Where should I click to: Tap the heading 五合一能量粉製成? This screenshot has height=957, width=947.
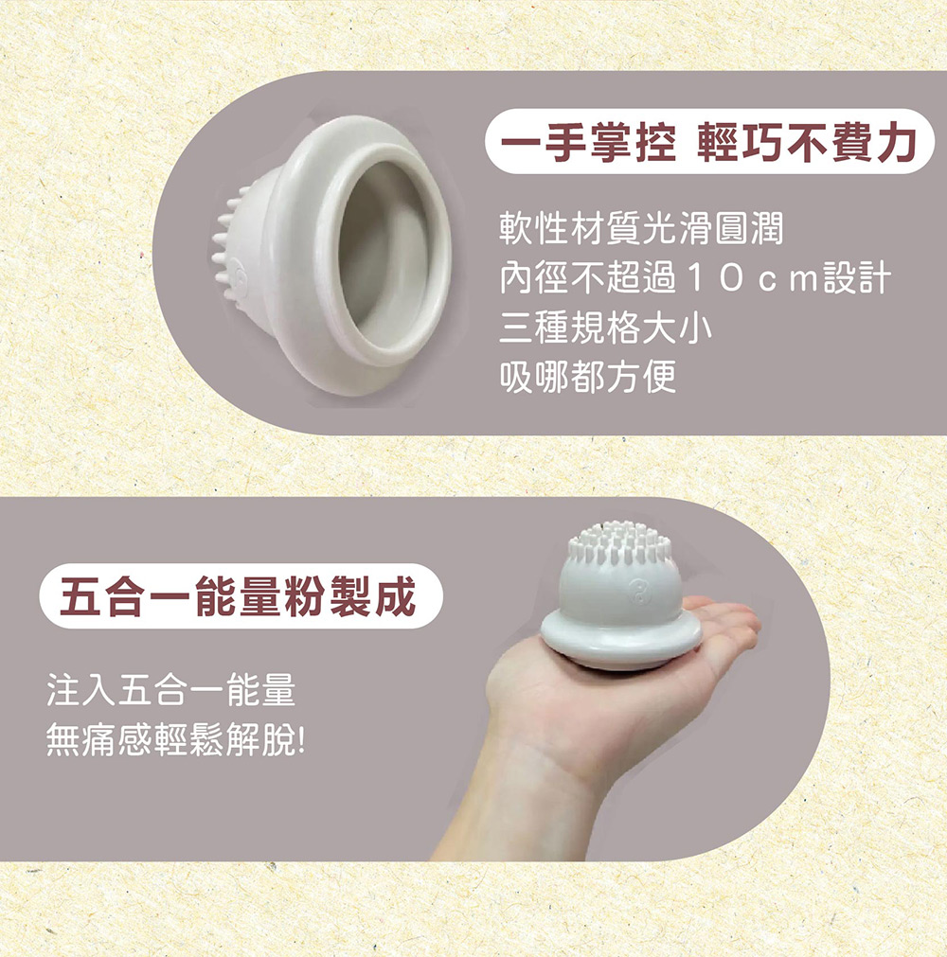(239, 595)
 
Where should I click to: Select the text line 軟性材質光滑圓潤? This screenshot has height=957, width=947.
(641, 228)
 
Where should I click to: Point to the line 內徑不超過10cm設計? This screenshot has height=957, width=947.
(695, 278)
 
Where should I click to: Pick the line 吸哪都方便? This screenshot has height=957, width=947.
(587, 377)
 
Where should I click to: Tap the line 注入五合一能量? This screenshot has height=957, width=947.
(171, 690)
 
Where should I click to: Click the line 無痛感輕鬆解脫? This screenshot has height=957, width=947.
(175, 740)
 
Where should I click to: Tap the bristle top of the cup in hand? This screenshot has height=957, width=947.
(617, 542)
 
